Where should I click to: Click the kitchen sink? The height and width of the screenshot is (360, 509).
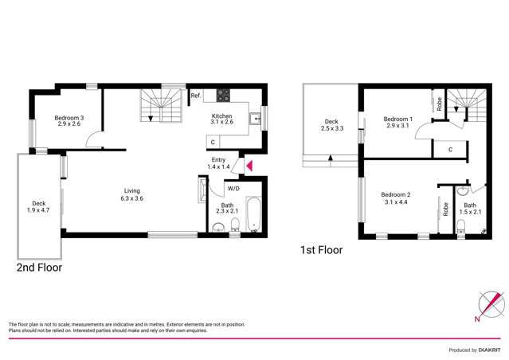tap(254, 120)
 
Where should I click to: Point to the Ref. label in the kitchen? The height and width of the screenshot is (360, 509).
tap(195, 96)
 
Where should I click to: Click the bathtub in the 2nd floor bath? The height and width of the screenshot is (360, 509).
tap(254, 213)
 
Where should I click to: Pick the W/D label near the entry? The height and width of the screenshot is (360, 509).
tap(233, 189)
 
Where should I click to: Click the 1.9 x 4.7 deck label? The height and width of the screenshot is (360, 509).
tap(39, 207)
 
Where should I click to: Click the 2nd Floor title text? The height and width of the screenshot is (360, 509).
tap(39, 268)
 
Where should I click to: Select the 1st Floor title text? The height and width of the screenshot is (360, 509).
tap(321, 250)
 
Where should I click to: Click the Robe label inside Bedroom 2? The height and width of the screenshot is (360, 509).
tap(444, 209)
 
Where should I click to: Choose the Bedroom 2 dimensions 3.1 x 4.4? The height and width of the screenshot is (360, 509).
tap(396, 200)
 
